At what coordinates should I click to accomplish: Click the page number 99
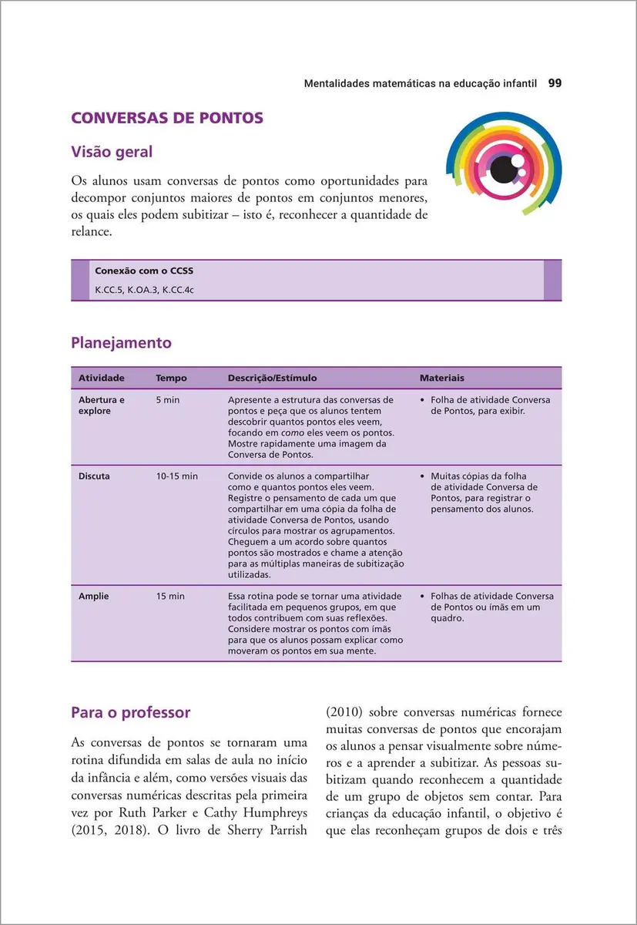pos(554,82)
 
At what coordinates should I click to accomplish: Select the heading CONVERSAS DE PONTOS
pos(167,118)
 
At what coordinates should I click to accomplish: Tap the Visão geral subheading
pos(112,152)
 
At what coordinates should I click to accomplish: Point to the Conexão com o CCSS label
pos(138,271)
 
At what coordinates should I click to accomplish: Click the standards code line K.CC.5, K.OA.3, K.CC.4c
pos(139,290)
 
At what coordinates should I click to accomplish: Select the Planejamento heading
pos(121,342)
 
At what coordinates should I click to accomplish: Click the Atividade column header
pos(101,378)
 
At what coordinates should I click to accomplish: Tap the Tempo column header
pos(171,378)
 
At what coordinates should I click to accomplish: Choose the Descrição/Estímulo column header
pos(272,378)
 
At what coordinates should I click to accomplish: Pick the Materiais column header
pos(441,378)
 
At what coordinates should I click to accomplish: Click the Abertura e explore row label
pos(101,405)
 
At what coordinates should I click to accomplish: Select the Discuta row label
pos(94,476)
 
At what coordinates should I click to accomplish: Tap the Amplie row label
pos(93,597)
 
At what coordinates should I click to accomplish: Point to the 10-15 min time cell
pos(176,476)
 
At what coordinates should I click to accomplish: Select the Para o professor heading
pos(130,712)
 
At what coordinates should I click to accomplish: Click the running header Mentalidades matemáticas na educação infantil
pos(420,82)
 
